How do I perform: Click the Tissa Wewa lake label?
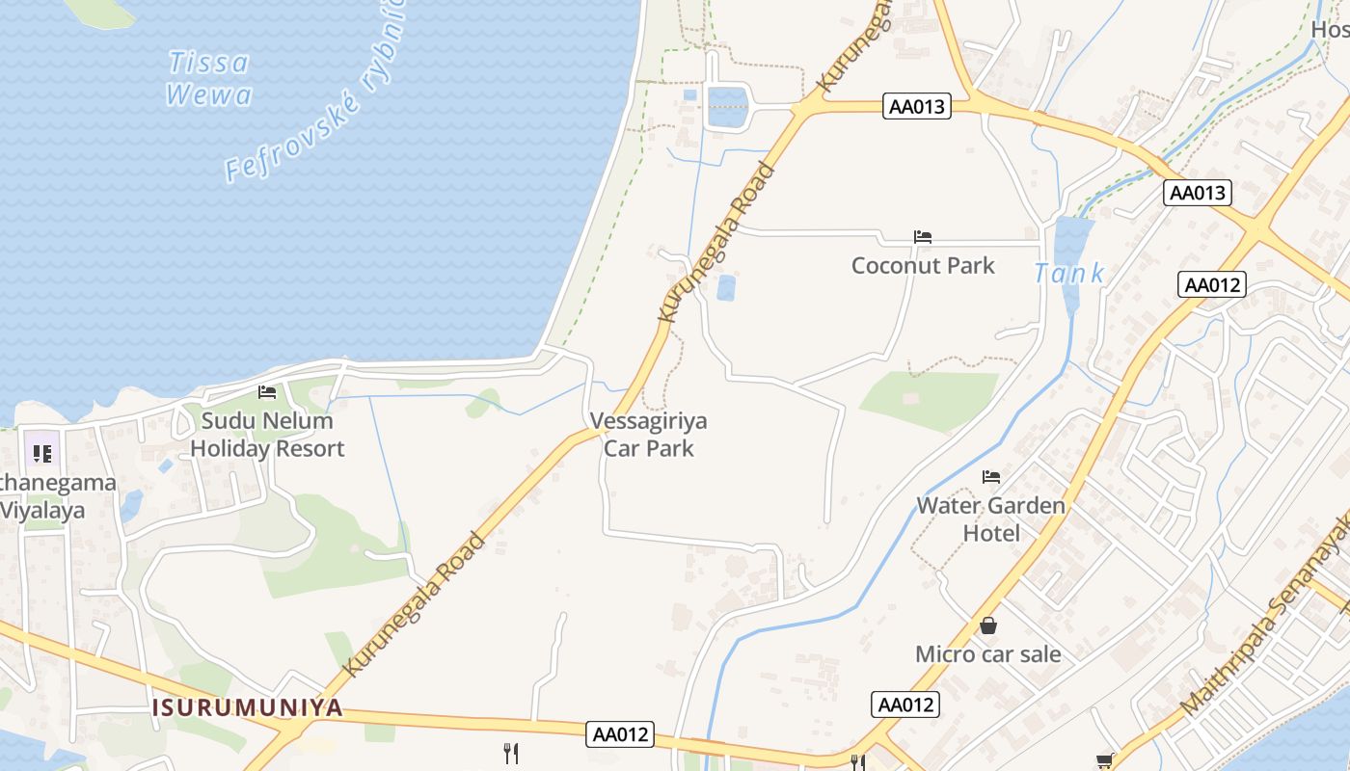click(x=208, y=78)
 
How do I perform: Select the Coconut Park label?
click(x=923, y=265)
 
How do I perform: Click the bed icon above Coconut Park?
click(x=923, y=237)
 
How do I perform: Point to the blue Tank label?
click(x=1069, y=274)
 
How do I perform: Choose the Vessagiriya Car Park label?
click(x=648, y=434)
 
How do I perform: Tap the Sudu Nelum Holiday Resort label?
click(x=267, y=434)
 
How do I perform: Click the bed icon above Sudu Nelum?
click(x=267, y=392)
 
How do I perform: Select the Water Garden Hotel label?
click(x=991, y=518)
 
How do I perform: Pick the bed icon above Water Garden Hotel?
click(x=991, y=477)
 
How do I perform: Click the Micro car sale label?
click(x=987, y=654)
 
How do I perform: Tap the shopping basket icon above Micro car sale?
click(x=988, y=626)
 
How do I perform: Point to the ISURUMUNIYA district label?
click(x=247, y=707)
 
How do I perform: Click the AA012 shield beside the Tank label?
click(x=1211, y=284)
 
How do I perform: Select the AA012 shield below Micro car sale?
click(x=905, y=705)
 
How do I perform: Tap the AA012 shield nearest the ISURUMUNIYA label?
click(x=620, y=734)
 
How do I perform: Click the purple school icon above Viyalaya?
click(x=41, y=452)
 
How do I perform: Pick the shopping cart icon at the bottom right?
click(x=1105, y=761)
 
